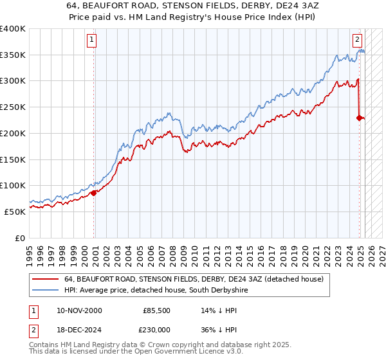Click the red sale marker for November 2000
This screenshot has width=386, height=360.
click(93, 192)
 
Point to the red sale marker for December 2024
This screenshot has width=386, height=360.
click(359, 117)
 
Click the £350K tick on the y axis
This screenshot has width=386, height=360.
click(13, 55)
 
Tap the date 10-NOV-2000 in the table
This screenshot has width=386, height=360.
click(79, 310)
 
